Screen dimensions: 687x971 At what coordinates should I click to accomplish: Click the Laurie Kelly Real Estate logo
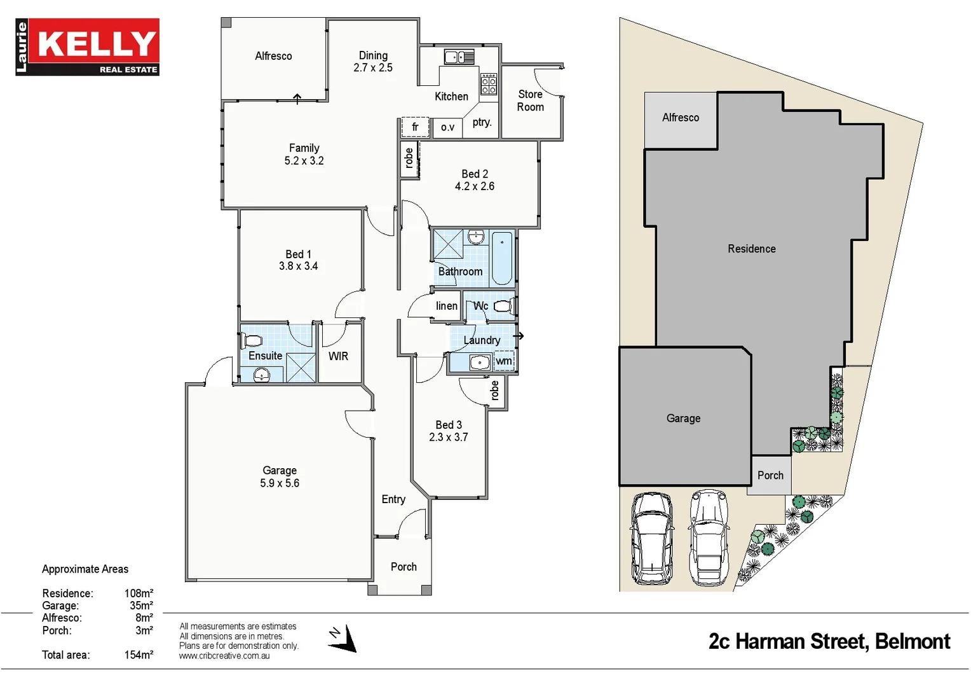pos(88,47)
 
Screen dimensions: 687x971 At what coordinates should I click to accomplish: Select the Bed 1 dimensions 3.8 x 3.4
pos(298,267)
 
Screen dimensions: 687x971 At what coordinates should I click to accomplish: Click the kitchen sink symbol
pos(459,57)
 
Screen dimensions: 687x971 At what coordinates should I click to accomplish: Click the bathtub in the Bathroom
pos(502,259)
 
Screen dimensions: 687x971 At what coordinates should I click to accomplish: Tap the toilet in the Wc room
pos(503,307)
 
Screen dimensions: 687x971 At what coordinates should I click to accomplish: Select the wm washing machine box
pos(503,361)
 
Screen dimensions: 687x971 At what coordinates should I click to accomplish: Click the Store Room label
pos(530,101)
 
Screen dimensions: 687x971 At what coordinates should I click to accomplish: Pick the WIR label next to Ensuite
pos(338,356)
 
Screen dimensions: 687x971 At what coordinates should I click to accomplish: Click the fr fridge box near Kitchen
pos(415,127)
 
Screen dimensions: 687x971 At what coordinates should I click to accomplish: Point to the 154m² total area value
pos(139,655)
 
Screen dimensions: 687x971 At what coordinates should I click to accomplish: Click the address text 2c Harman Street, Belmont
pos(829,641)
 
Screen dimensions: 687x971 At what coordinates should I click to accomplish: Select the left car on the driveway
pos(651,538)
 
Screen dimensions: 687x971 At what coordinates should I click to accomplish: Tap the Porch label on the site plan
pos(770,475)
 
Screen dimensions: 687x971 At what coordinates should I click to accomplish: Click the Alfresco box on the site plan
pos(681,119)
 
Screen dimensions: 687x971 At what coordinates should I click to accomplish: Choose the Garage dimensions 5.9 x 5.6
pos(280,483)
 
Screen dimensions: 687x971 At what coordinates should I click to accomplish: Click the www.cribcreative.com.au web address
pos(224,656)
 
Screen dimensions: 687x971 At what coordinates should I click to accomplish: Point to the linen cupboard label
pos(446,306)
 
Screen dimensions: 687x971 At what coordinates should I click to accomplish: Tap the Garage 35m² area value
pos(141,606)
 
